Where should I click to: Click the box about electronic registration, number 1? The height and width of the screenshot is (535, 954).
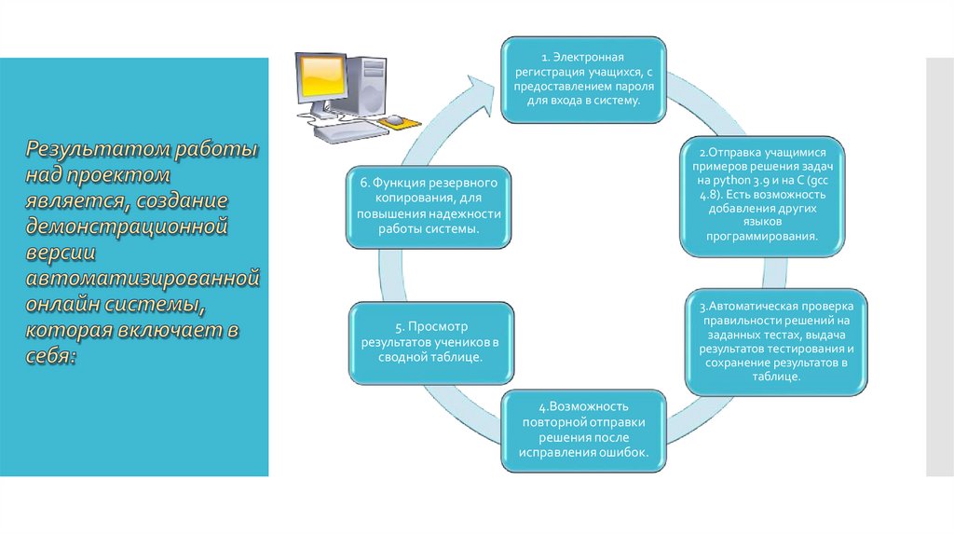pyautogui.click(x=583, y=80)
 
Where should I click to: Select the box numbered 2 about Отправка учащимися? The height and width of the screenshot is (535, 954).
pyautogui.click(x=762, y=196)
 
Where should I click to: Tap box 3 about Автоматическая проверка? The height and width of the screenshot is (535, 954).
pyautogui.click(x=776, y=342)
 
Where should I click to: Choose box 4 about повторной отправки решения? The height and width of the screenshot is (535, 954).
pyautogui.click(x=583, y=431)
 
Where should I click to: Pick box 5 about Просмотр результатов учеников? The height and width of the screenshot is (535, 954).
pyautogui.click(x=431, y=343)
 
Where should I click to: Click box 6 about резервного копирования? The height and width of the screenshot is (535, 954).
pyautogui.click(x=429, y=207)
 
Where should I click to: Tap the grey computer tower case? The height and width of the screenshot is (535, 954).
pyautogui.click(x=367, y=85)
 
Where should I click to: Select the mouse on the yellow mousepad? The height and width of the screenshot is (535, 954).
pyautogui.click(x=394, y=119)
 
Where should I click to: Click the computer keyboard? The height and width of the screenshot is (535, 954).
pyautogui.click(x=343, y=130)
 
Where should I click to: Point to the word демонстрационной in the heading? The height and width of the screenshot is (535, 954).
pyautogui.click(x=127, y=226)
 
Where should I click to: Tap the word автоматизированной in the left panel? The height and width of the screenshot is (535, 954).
pyautogui.click(x=143, y=278)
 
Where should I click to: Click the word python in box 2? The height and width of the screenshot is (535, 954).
pyautogui.click(x=731, y=180)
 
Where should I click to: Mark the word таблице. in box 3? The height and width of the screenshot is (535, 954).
pyautogui.click(x=776, y=377)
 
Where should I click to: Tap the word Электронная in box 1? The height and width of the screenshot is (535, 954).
pyautogui.click(x=589, y=57)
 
